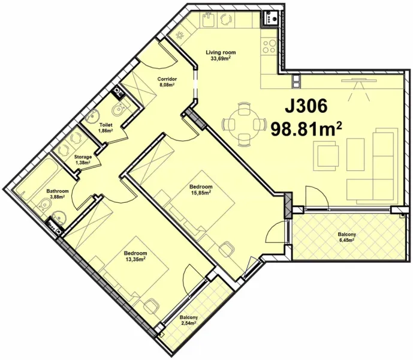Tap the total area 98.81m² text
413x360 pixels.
(x=306, y=128)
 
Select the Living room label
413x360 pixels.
(x=221, y=52)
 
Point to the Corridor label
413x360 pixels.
(x=167, y=79)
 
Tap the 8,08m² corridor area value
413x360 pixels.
(x=166, y=86)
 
